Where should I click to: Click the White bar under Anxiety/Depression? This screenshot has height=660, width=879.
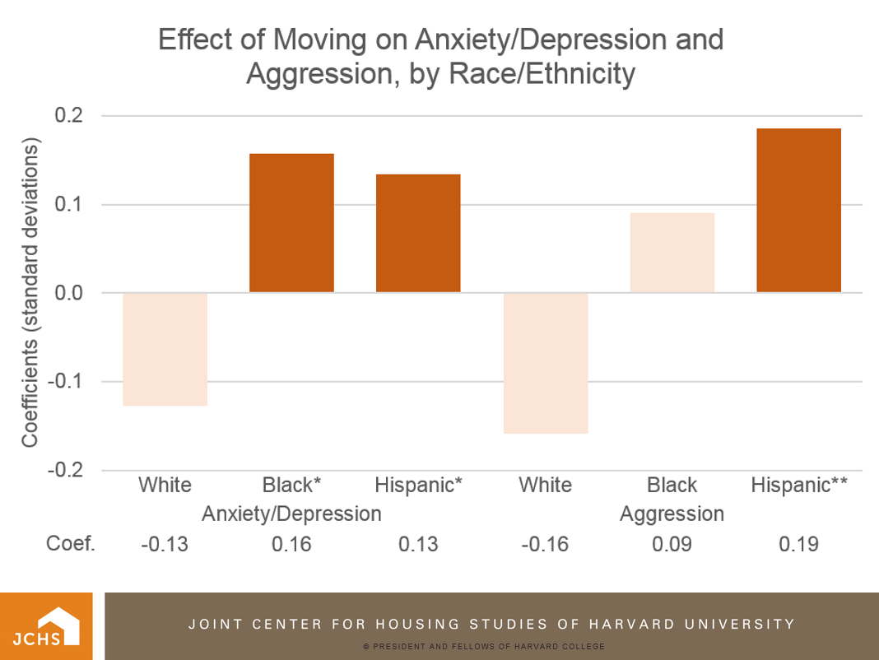(x=165, y=349)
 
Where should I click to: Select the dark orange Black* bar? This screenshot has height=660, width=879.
(x=291, y=223)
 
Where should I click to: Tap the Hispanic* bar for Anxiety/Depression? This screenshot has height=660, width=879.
(x=418, y=233)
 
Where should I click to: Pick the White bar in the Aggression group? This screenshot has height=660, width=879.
(x=545, y=363)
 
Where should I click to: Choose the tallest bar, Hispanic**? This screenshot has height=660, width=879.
(x=798, y=210)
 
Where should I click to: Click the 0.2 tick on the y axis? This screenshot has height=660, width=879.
(x=69, y=116)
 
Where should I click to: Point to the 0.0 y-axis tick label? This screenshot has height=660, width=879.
(x=69, y=293)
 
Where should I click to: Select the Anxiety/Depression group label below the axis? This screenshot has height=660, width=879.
(x=291, y=514)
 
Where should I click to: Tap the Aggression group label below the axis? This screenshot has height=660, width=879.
(x=672, y=514)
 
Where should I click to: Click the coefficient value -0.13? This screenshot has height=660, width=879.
(x=165, y=544)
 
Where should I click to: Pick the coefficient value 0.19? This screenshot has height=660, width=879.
(x=798, y=544)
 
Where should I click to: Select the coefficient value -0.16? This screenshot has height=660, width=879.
(x=545, y=544)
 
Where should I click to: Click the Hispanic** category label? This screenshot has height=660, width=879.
(x=798, y=485)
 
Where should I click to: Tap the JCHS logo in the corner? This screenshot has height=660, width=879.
(x=45, y=626)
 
